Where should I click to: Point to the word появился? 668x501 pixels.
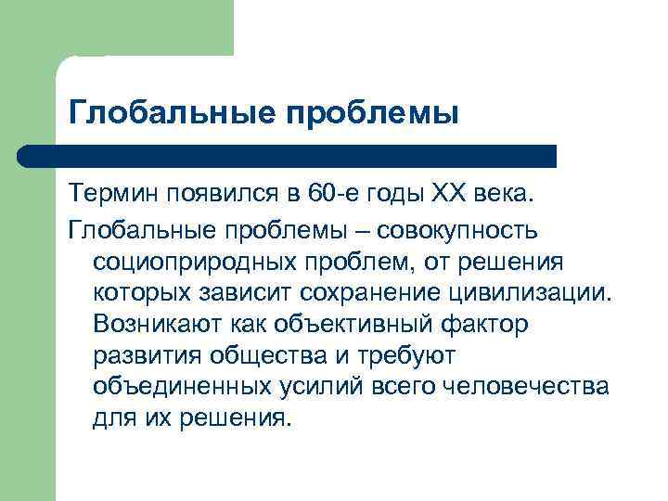point(225,195)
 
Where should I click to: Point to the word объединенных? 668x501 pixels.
point(172,387)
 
